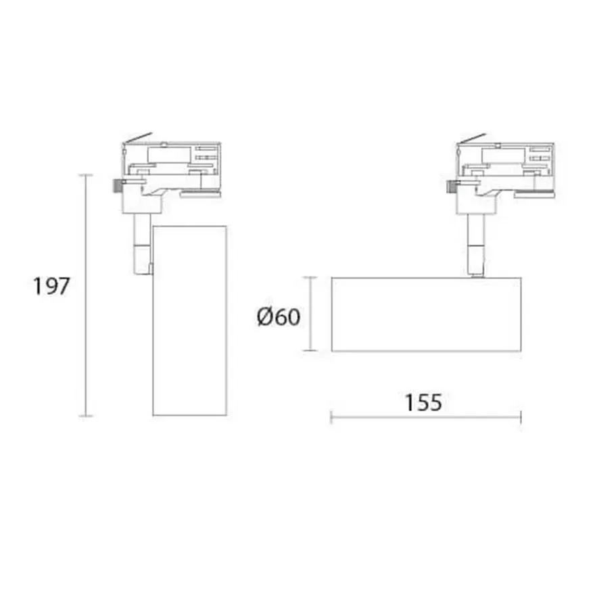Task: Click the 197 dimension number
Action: [51, 286]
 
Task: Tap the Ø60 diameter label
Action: [278, 317]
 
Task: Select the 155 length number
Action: [423, 402]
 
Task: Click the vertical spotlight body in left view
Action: [190, 320]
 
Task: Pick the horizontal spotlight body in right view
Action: [426, 314]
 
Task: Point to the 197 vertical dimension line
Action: [86, 295]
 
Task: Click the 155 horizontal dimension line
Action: [426, 417]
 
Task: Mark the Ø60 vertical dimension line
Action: [310, 314]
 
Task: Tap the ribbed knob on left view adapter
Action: [118, 186]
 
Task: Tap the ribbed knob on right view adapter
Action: [452, 187]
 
